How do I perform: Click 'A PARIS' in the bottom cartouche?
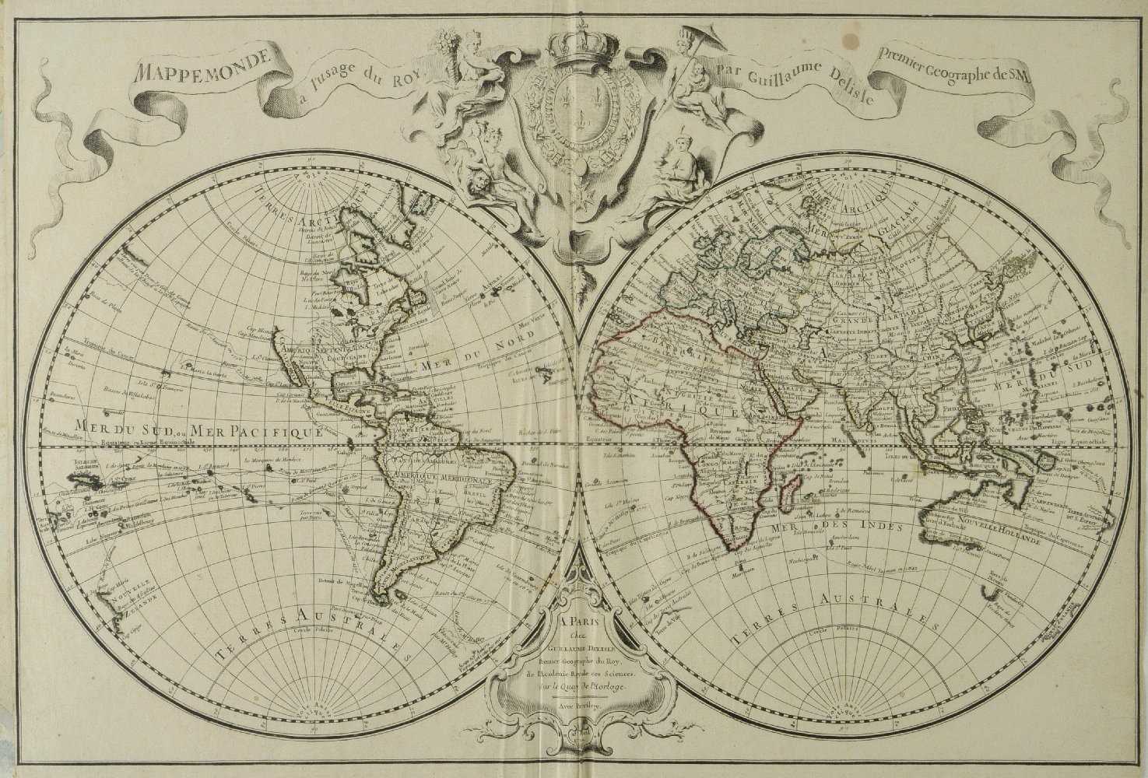(574, 622)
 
